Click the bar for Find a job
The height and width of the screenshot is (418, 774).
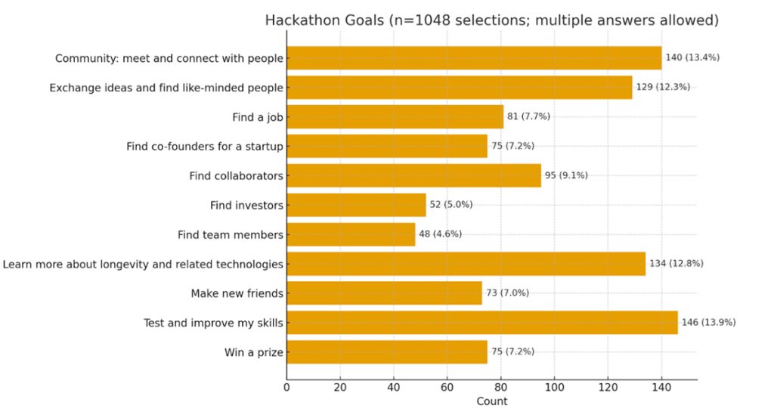tap(395, 116)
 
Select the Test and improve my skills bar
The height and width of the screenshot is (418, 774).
tap(481, 323)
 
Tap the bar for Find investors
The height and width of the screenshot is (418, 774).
tap(356, 205)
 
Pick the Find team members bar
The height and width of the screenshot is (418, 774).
tap(351, 234)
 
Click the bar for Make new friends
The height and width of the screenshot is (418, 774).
tap(384, 293)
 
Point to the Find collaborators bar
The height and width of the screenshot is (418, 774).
tap(413, 175)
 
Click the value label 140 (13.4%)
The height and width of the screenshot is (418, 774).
tap(692, 57)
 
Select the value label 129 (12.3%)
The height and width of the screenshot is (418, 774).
tap(663, 87)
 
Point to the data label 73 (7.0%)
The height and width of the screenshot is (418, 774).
tap(510, 293)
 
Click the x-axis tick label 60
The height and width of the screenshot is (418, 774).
tap(447, 388)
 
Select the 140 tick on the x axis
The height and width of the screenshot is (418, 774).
tap(661, 388)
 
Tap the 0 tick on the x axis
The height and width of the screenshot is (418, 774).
tap(286, 388)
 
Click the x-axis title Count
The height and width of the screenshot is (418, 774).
tap(492, 401)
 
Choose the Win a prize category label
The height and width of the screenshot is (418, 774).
tap(253, 352)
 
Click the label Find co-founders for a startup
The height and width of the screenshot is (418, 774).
tap(205, 146)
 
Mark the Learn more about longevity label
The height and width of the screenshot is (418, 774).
tap(143, 264)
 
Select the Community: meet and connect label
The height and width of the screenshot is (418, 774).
tap(169, 58)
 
